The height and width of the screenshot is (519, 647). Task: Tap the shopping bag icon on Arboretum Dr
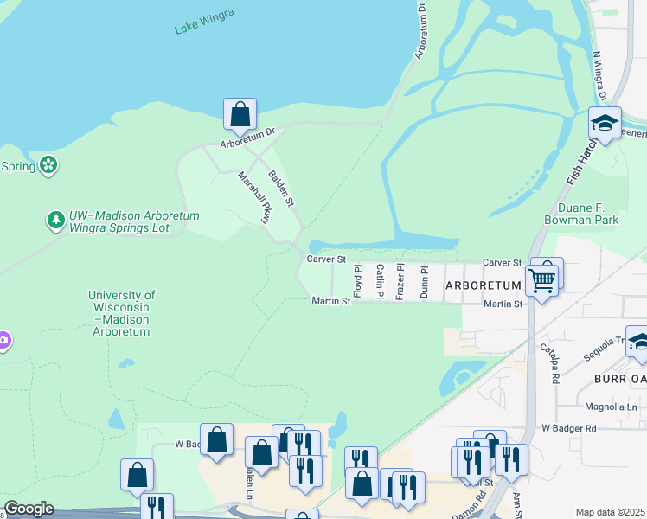point(240,114)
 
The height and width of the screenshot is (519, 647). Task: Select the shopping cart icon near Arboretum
point(541,279)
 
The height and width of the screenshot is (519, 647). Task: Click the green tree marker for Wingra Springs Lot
point(56,221)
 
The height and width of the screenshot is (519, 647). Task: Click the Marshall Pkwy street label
point(254,197)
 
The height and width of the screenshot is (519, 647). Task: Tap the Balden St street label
point(281,187)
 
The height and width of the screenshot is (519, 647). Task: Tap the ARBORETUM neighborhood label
point(484,285)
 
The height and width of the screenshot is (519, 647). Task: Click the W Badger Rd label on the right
point(569,428)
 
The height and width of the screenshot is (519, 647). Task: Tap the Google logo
point(28,509)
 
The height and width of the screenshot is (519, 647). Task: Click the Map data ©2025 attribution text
point(610,512)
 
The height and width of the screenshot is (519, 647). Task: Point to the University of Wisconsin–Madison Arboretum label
point(122,313)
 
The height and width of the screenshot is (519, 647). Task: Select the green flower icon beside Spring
point(48,164)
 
